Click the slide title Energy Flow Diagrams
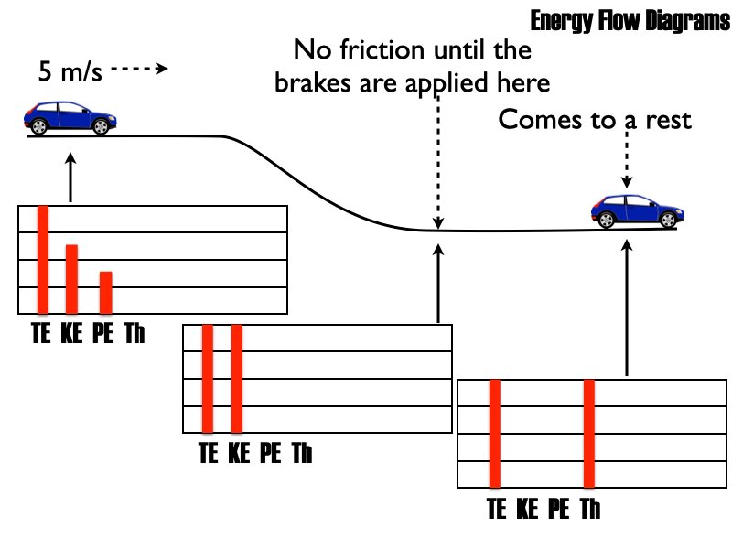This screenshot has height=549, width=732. click(629, 21)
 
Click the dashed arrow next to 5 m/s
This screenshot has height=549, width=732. click(141, 69)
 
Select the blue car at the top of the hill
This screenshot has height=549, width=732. click(70, 117)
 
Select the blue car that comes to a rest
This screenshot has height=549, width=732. click(637, 210)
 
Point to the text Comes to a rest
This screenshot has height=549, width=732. click(594, 120)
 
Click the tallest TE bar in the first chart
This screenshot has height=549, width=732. click(42, 259)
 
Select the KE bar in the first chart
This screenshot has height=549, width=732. click(71, 278)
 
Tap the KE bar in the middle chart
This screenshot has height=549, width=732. click(236, 377)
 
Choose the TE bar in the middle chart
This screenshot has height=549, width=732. click(208, 377)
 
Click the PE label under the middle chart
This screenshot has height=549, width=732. click(271, 452)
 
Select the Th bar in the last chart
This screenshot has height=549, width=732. click(589, 432)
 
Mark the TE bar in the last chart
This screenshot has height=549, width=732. click(494, 432)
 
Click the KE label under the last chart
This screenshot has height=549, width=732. click(528, 508)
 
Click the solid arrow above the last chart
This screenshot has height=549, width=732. click(627, 307)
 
